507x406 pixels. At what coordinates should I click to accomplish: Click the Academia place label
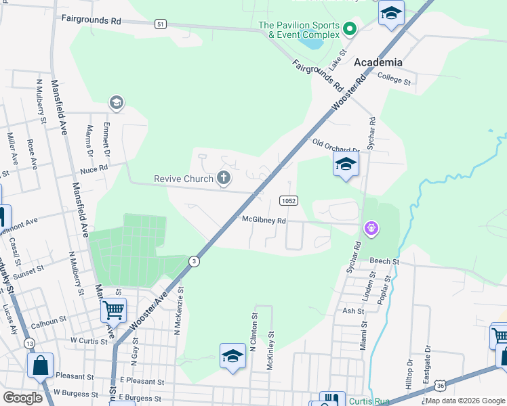click(x=378, y=62)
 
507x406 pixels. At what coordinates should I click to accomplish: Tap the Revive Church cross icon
click(x=224, y=179)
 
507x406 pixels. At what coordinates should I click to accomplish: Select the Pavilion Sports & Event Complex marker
click(x=350, y=29)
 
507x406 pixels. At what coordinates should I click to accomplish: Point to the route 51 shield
click(x=160, y=24)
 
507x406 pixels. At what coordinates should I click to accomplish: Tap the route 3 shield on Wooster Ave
click(x=195, y=261)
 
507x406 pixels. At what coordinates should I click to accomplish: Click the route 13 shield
click(x=29, y=343)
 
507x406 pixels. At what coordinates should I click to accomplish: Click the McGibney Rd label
click(x=264, y=220)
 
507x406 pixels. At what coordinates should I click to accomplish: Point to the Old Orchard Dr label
click(x=335, y=145)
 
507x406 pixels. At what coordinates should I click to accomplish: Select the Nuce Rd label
click(x=94, y=168)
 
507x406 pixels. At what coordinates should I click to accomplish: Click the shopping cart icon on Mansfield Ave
click(x=113, y=310)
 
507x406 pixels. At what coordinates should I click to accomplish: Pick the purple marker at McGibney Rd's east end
click(x=371, y=229)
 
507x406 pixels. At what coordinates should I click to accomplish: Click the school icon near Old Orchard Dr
click(x=346, y=164)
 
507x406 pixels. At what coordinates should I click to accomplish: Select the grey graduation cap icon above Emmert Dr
click(x=116, y=103)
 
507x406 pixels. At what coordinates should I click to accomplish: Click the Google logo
click(x=23, y=398)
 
